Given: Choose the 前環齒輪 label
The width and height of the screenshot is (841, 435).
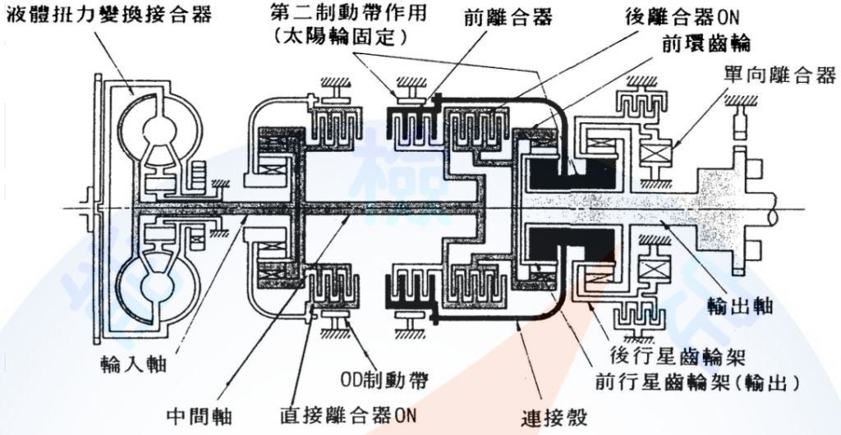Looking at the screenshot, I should (704, 41).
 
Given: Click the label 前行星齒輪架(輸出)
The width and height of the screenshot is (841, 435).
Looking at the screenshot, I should (697, 382).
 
